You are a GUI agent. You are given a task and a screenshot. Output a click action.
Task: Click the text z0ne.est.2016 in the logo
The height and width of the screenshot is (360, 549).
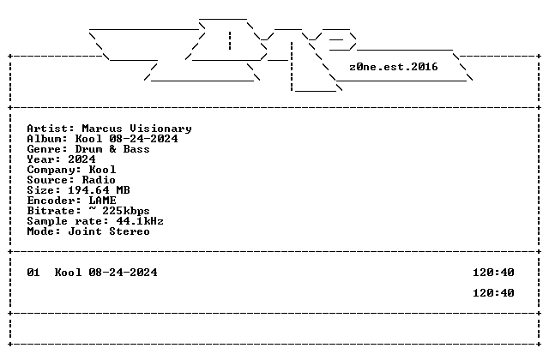coord(394,67)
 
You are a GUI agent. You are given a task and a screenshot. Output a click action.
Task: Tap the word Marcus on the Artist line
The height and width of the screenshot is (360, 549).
coord(102,129)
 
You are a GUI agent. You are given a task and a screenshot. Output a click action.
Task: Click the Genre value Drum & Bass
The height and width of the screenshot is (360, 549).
coord(112,149)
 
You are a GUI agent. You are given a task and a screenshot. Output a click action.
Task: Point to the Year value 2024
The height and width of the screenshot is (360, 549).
coord(81,159)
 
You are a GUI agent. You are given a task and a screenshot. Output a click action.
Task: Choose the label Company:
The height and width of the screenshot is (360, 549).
coord(54,170)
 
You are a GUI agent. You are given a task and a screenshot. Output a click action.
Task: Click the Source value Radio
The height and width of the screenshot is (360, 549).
coord(99,180)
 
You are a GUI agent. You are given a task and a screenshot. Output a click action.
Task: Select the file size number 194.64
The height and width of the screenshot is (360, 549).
coord(88,190)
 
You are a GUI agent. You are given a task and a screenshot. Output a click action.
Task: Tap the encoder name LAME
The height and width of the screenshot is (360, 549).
coord(102,201)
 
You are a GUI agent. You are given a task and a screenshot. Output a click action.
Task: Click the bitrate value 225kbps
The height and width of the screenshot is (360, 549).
coord(126,211)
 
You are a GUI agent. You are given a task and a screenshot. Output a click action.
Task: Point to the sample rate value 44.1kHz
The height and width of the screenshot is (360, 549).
coord(140,221)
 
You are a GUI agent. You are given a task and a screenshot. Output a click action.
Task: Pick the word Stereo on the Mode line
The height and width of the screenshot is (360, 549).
coord(130,231)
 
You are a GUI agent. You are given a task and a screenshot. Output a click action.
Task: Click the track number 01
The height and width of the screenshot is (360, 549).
coord(33,273)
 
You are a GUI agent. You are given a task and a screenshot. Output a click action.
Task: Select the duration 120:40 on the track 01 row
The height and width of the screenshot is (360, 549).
coord(493,273)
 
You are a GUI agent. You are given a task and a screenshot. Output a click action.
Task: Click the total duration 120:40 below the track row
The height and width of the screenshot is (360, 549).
coord(493,293)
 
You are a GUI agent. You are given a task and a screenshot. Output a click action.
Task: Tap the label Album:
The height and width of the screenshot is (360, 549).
coord(47,139)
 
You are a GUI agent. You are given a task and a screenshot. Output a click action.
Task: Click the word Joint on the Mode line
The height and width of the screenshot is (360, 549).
coord(85,231)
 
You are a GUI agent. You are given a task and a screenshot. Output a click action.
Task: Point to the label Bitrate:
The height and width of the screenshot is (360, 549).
coord(54,211)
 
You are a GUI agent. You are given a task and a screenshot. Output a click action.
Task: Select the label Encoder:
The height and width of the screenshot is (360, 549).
coord(54,201)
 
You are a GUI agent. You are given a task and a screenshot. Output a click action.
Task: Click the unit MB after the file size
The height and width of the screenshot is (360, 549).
coord(123,190)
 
